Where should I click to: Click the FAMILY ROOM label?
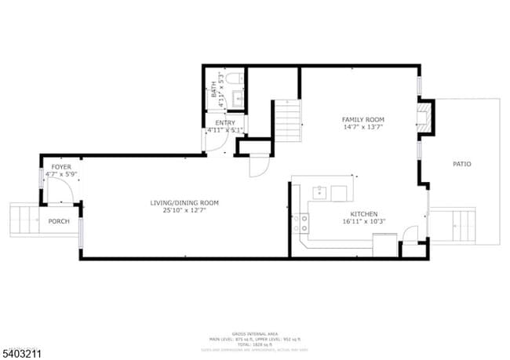click(362, 119)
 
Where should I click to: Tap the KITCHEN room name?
click(364, 214)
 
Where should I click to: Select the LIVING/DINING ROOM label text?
click(184, 203)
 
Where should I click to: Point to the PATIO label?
click(462, 164)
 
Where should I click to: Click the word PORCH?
click(59, 221)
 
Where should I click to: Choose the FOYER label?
click(61, 167)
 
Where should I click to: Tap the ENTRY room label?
click(224, 122)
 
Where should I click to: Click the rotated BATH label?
click(214, 89)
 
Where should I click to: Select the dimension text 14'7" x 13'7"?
click(362, 127)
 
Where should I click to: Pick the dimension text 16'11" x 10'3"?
click(364, 222)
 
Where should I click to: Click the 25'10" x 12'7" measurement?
click(184, 211)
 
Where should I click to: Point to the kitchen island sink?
click(321, 191)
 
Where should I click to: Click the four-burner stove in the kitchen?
click(300, 224)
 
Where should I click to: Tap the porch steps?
click(24, 220)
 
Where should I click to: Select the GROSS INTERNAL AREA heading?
click(254, 333)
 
